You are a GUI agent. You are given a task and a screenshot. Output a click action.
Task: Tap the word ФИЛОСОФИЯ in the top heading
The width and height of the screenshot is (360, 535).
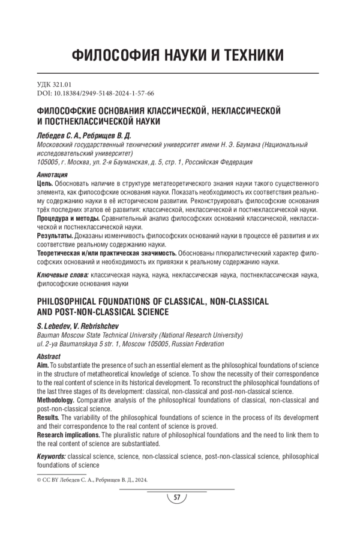pyautogui.click(x=115, y=56)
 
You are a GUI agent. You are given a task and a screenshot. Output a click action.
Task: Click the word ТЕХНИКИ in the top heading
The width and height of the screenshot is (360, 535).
pyautogui.click(x=251, y=56)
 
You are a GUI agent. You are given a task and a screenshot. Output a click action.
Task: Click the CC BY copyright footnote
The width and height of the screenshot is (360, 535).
pyautogui.click(x=88, y=480)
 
